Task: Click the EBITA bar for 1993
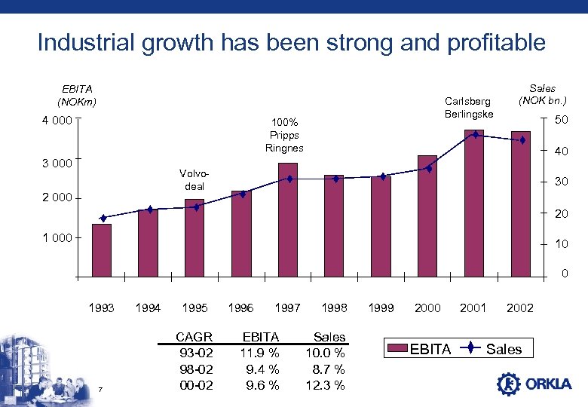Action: tap(102, 251)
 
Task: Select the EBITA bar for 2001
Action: tap(474, 203)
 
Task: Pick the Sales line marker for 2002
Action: tap(522, 140)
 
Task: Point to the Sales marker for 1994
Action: tap(149, 210)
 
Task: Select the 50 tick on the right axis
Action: tap(561, 121)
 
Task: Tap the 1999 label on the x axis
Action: tap(381, 308)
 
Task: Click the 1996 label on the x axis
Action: tap(241, 308)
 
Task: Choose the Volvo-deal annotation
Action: tap(194, 179)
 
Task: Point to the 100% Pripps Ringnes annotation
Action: tap(284, 135)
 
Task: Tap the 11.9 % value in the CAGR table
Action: tap(260, 353)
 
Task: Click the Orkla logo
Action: tap(534, 384)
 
